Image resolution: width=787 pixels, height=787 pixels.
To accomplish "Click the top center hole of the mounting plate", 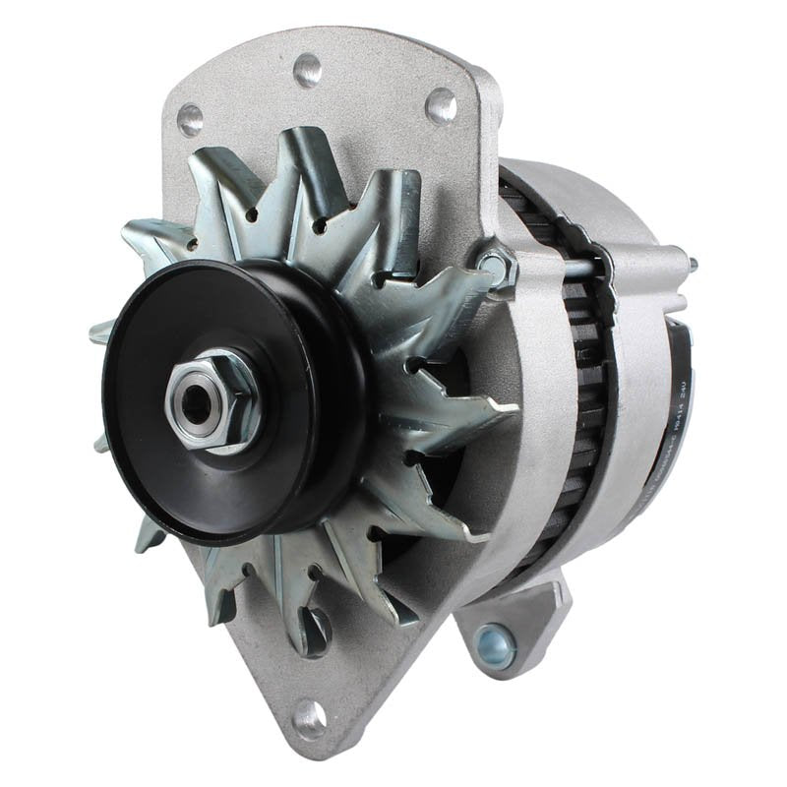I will pyautogui.click(x=307, y=70).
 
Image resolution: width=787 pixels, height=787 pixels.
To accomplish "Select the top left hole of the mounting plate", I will pyautogui.click(x=190, y=120).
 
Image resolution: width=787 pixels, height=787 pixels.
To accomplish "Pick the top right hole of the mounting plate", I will pyautogui.click(x=441, y=104).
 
